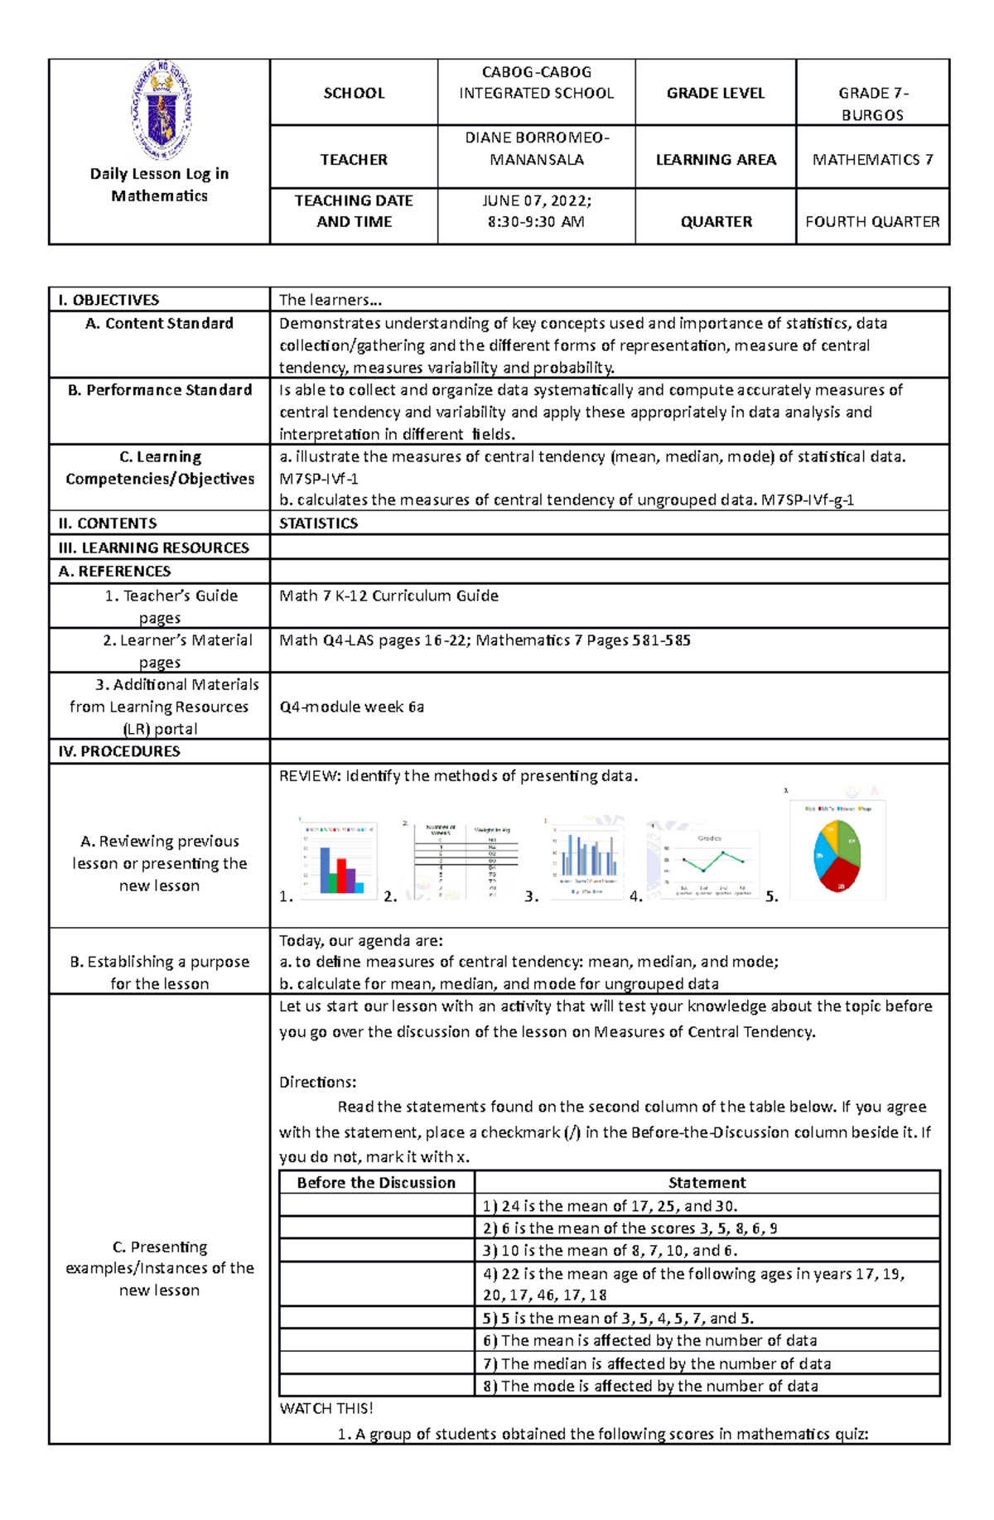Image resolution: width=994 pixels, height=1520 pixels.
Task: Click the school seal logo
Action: tap(161, 110)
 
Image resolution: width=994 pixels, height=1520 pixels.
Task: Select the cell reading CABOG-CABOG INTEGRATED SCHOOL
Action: tap(536, 83)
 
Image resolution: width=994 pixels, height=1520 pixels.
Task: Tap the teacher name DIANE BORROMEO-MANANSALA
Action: tap(536, 148)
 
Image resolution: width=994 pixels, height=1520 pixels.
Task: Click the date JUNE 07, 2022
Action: tap(536, 200)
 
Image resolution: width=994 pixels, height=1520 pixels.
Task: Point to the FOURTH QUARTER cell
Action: tap(872, 221)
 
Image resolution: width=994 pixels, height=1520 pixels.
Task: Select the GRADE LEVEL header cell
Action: tap(716, 93)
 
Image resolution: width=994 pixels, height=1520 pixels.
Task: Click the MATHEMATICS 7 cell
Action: tap(872, 159)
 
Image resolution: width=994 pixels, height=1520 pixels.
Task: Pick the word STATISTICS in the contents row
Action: tap(318, 523)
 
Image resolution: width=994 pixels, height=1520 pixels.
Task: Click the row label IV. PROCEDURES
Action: tap(119, 751)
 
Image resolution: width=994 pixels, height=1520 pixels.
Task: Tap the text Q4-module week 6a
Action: tap(351, 707)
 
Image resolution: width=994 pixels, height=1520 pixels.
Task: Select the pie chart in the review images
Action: tap(837, 853)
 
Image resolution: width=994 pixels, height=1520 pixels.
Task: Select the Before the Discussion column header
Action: tap(376, 1182)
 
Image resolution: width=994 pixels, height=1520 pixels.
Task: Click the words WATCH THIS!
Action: tap(326, 1408)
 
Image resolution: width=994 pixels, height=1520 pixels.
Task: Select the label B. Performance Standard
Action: tap(160, 389)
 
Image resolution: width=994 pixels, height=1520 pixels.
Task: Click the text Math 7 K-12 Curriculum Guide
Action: tap(388, 596)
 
